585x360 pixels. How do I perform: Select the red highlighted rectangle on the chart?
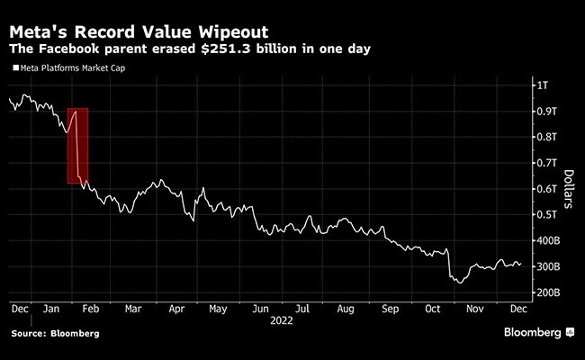[77, 146]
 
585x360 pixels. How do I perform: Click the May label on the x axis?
[217, 308]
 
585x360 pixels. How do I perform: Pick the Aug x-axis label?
[345, 308]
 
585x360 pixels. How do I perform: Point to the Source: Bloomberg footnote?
[54, 334]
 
